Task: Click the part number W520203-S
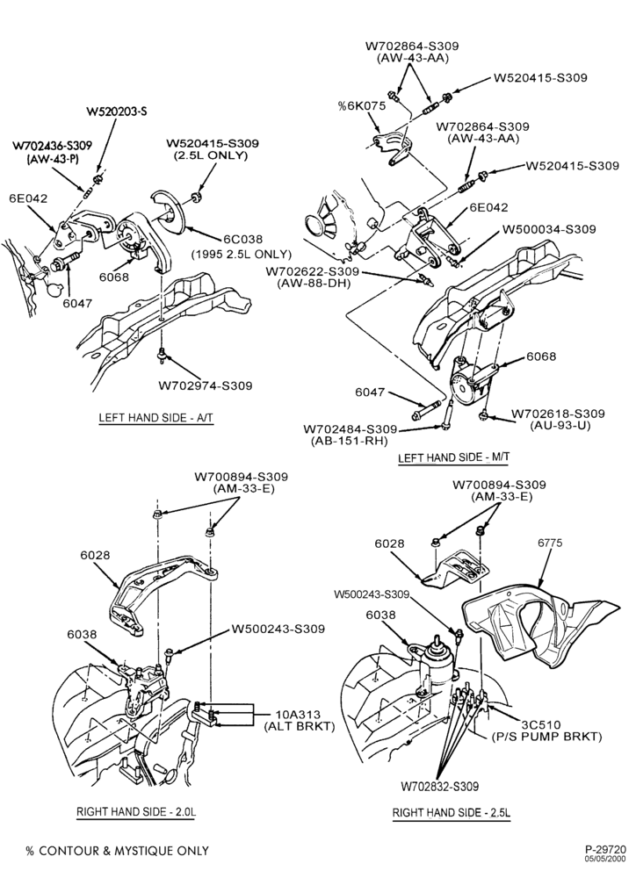tap(117, 112)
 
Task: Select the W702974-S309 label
tap(205, 385)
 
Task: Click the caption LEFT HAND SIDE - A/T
tap(156, 418)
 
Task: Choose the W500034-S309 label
tap(549, 229)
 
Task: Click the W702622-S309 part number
tap(313, 271)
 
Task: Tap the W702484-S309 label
tap(351, 429)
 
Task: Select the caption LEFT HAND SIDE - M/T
tap(453, 457)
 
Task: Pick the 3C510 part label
tap(541, 724)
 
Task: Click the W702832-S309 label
tap(440, 787)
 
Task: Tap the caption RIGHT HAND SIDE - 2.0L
tap(136, 811)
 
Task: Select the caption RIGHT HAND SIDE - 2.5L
tap(452, 812)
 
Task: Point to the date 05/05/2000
tap(607, 858)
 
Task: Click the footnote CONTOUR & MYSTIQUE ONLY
tap(124, 851)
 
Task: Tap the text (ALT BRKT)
tap(299, 726)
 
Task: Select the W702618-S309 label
tap(558, 414)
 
